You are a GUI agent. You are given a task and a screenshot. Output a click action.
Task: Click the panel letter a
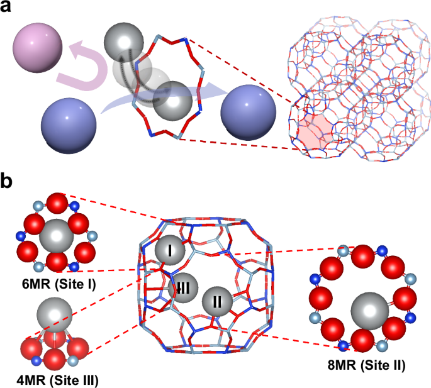[x=9, y=10]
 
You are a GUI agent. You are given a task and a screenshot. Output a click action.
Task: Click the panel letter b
[x=9, y=184]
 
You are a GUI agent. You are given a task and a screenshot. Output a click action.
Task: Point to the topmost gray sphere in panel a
[x=123, y=42]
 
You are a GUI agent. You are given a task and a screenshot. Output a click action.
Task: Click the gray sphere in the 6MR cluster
[x=57, y=237]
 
